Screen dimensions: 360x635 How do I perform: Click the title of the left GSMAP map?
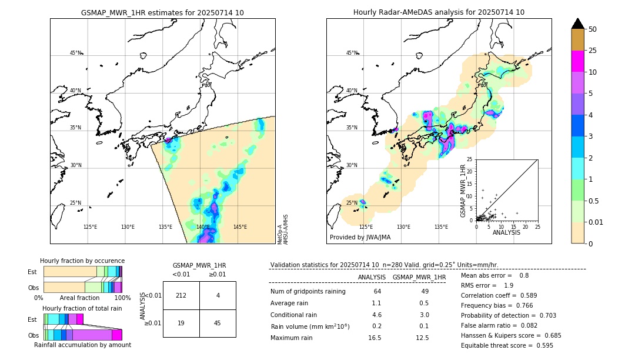pyautogui.click(x=162, y=12)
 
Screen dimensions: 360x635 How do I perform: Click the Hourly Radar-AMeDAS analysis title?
pyautogui.click(x=439, y=12)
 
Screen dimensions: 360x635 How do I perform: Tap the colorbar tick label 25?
pyautogui.click(x=593, y=51)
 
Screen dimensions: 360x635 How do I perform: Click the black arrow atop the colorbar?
pyautogui.click(x=578, y=24)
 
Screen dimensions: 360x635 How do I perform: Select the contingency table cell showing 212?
pyautogui.click(x=181, y=295)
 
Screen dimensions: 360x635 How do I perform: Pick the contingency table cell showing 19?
pyautogui.click(x=181, y=322)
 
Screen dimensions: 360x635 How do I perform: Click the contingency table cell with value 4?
pyautogui.click(x=218, y=295)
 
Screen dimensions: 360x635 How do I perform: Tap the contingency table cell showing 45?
pyautogui.click(x=218, y=322)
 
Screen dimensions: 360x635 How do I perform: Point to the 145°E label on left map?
pyautogui.click(x=240, y=227)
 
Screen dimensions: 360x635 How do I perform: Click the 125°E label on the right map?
pyautogui.click(x=366, y=227)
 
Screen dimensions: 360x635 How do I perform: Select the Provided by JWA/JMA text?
pyautogui.click(x=360, y=237)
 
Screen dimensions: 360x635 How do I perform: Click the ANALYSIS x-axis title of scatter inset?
pyautogui.click(x=506, y=232)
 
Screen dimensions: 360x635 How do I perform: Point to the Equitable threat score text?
pyautogui.click(x=497, y=345)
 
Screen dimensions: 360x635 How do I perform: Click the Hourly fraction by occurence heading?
pyautogui.click(x=82, y=261)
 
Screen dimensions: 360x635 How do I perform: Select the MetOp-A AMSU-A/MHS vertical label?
pyautogui.click(x=282, y=229)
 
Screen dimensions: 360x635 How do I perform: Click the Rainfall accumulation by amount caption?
pyautogui.click(x=82, y=345)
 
